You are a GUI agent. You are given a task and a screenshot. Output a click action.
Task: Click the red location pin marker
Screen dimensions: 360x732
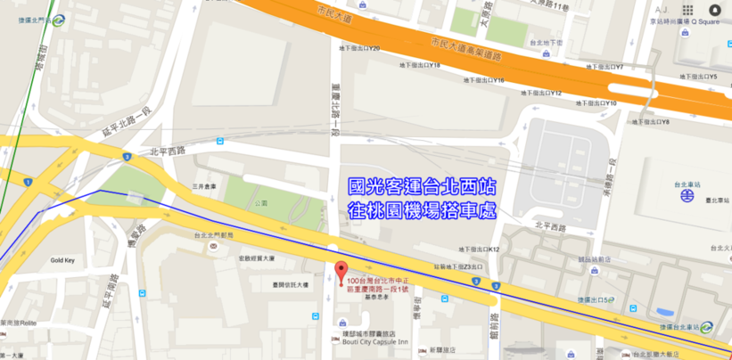point(339,271)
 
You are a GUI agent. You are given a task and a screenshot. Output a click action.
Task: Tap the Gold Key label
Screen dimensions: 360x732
point(62,260)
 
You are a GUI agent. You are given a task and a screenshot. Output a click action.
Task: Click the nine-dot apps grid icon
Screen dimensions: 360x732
point(687,10)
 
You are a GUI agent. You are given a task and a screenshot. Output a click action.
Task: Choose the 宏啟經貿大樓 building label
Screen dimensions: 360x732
point(256,259)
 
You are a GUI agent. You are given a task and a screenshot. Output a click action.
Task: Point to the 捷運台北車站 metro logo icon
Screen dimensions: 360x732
point(707,326)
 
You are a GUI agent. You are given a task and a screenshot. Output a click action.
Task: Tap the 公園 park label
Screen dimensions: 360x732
point(260,202)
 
